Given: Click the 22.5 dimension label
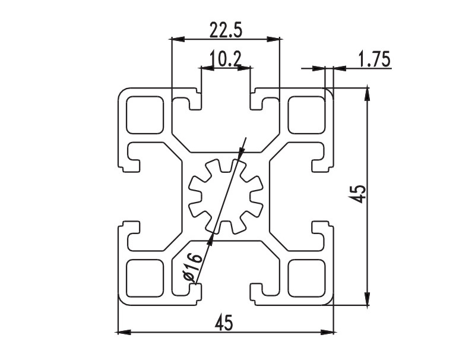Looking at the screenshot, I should click(224, 29).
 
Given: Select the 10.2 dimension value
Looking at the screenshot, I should click(225, 58).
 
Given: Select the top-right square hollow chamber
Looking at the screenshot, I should click(306, 115).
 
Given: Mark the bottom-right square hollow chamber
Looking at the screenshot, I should click(306, 277).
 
